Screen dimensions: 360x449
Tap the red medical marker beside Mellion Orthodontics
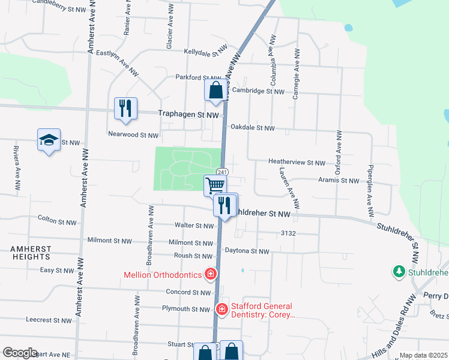pos(211,275)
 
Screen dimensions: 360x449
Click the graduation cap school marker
pos(49,140)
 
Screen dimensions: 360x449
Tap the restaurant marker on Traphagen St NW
pos(125,109)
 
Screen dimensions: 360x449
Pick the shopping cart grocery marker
pos(215,185)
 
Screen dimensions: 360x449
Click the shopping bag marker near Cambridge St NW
pos(215,91)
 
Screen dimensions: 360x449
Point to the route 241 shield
pos(221,172)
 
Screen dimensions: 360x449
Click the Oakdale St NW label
pos(252,128)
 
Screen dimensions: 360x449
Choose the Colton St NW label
pos(57,221)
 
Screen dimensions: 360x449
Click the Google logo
pos(20,353)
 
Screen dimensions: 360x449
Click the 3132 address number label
pos(288,233)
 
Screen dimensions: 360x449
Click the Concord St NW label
pos(189,292)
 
